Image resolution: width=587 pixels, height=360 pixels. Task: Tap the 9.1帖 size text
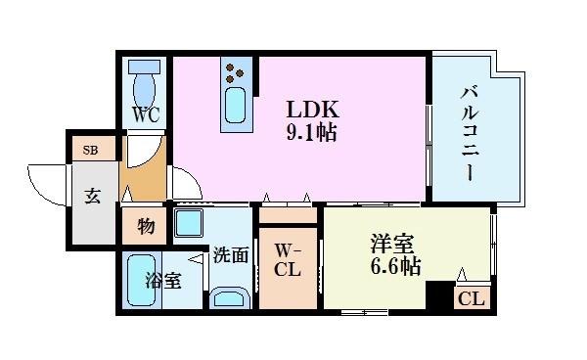click(x=310, y=132)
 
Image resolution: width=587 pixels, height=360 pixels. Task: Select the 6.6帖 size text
click(x=395, y=264)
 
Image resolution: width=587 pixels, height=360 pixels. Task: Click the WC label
click(x=147, y=112)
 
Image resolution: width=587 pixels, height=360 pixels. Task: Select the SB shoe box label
click(x=90, y=150)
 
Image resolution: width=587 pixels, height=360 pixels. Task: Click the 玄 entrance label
click(x=91, y=196)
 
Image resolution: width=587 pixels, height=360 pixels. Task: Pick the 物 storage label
click(x=145, y=226)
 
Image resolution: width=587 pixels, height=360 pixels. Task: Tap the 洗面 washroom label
click(x=230, y=256)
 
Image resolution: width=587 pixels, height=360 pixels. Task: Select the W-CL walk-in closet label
click(x=287, y=258)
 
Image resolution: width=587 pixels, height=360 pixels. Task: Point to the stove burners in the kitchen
click(x=235, y=70)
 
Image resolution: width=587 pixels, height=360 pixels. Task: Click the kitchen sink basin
click(x=235, y=106)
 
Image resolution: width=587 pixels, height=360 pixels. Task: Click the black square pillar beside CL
click(x=439, y=295)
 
